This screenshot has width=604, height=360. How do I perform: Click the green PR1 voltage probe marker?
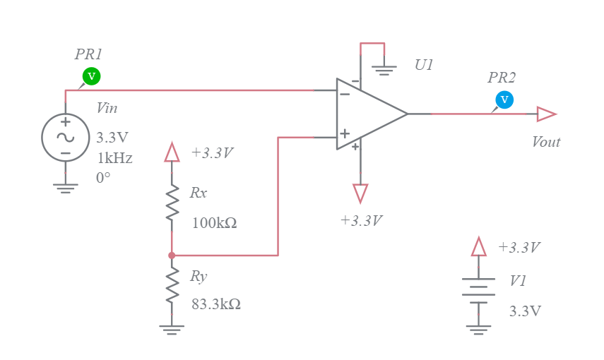90,76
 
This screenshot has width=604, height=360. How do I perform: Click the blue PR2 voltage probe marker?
504,100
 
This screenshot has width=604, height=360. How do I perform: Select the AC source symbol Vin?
65,138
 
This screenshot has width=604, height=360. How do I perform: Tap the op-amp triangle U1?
367,114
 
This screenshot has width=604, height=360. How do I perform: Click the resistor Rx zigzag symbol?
172,207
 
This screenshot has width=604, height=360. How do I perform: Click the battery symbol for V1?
478,290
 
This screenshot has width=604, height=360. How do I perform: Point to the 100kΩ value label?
214,223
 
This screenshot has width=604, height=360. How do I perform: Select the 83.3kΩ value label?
216,305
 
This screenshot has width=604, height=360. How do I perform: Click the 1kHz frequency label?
114,158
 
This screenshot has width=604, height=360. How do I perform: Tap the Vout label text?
545,142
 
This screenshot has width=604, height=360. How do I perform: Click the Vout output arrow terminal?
546,114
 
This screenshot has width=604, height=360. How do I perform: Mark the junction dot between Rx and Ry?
172,255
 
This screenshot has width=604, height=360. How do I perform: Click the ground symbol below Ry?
172,329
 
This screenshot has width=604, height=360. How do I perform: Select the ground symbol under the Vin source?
65,188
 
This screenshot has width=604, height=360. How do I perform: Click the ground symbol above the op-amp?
384,70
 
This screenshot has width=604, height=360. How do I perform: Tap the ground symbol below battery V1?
478,329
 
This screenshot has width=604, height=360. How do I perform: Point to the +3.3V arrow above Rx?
172,152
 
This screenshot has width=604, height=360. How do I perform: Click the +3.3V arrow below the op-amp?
360,193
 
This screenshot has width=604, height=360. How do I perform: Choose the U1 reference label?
424,65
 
